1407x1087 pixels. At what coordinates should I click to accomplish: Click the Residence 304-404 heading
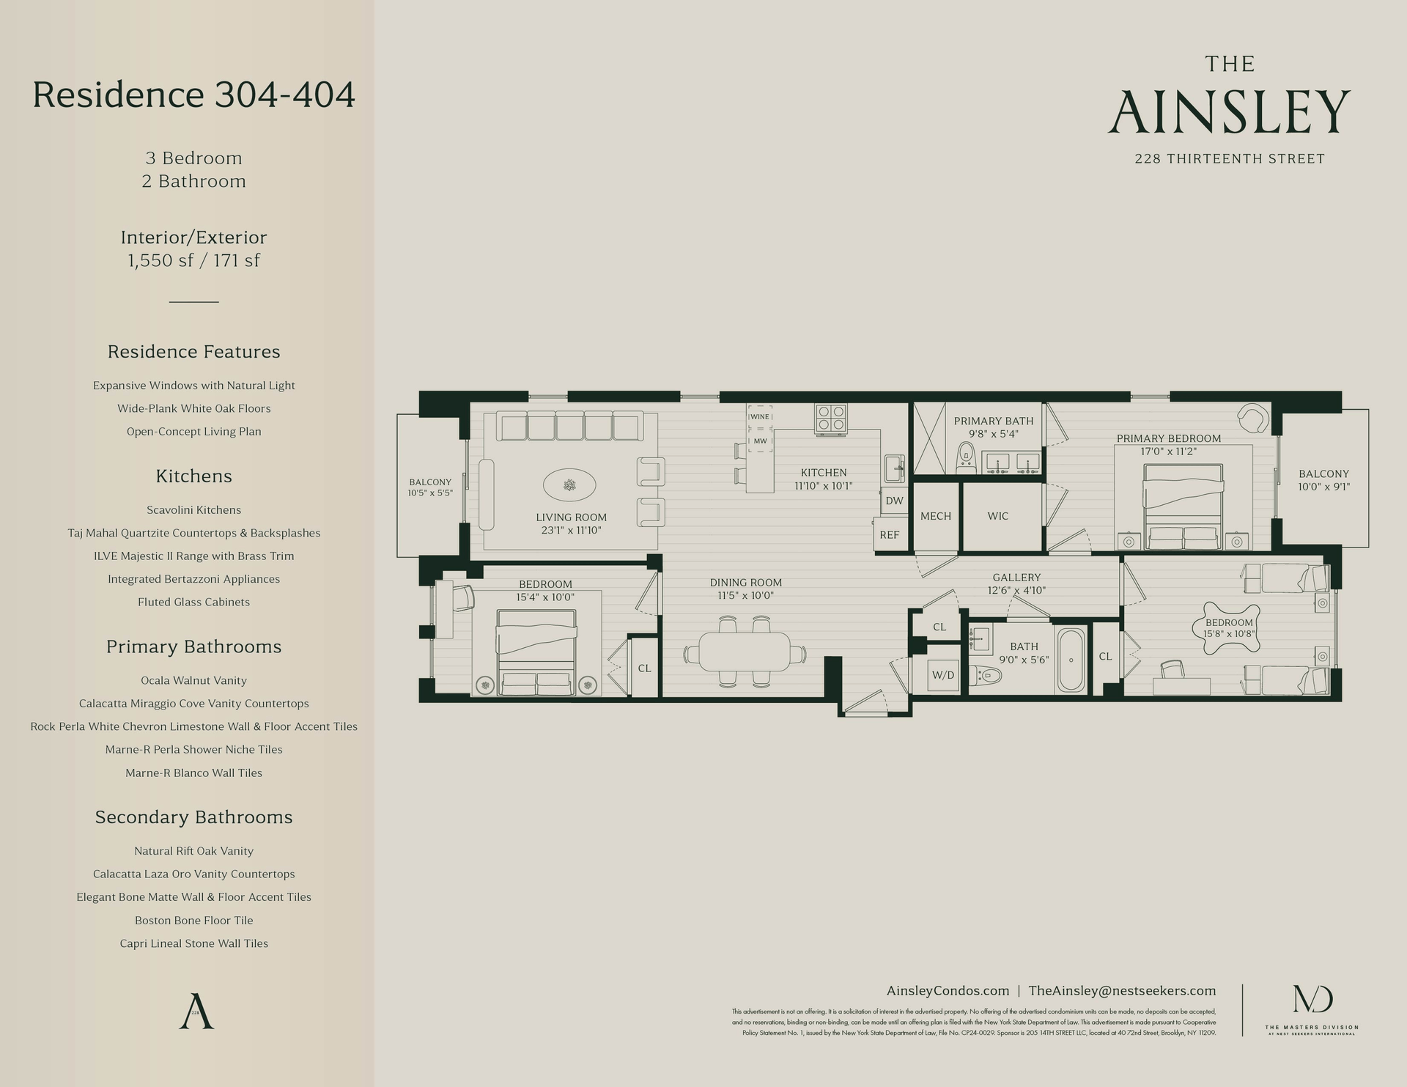pyautogui.click(x=194, y=95)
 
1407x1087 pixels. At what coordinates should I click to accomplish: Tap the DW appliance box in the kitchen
pyautogui.click(x=894, y=501)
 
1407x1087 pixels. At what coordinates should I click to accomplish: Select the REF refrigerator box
pyautogui.click(x=890, y=534)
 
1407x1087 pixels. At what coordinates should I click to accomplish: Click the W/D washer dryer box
pyautogui.click(x=943, y=674)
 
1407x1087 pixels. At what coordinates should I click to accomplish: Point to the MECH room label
pyautogui.click(x=936, y=516)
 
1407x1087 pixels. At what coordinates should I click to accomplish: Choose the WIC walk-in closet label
pyautogui.click(x=998, y=516)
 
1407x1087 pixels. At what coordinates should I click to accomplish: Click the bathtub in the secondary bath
pyautogui.click(x=1072, y=659)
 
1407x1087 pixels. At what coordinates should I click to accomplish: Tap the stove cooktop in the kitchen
pyautogui.click(x=832, y=417)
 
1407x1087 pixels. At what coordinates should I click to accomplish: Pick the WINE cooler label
pyautogui.click(x=760, y=416)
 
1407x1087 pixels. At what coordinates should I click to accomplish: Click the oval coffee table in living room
pyautogui.click(x=569, y=484)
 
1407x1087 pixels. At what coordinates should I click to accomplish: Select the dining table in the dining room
pyautogui.click(x=745, y=652)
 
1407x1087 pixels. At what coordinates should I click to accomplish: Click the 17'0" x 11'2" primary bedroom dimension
pyautogui.click(x=1169, y=452)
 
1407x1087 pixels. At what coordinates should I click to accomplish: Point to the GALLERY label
pyautogui.click(x=1016, y=578)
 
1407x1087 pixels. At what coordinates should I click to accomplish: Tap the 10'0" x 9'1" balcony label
pyautogui.click(x=1323, y=486)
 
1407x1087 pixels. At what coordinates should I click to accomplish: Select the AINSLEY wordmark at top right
pyautogui.click(x=1229, y=112)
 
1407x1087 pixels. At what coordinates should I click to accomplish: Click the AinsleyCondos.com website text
pyautogui.click(x=948, y=990)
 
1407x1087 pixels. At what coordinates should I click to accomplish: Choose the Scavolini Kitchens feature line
pyautogui.click(x=193, y=509)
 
